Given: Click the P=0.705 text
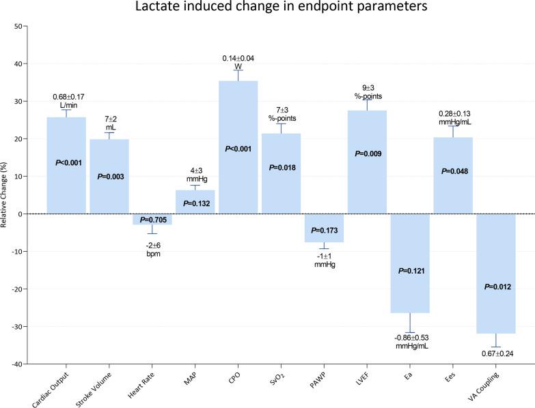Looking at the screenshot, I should point(152,219).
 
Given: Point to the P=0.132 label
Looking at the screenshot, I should point(195,203).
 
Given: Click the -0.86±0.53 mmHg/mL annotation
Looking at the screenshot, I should point(410,341).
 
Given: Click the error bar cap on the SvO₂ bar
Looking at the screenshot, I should point(281,124).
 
